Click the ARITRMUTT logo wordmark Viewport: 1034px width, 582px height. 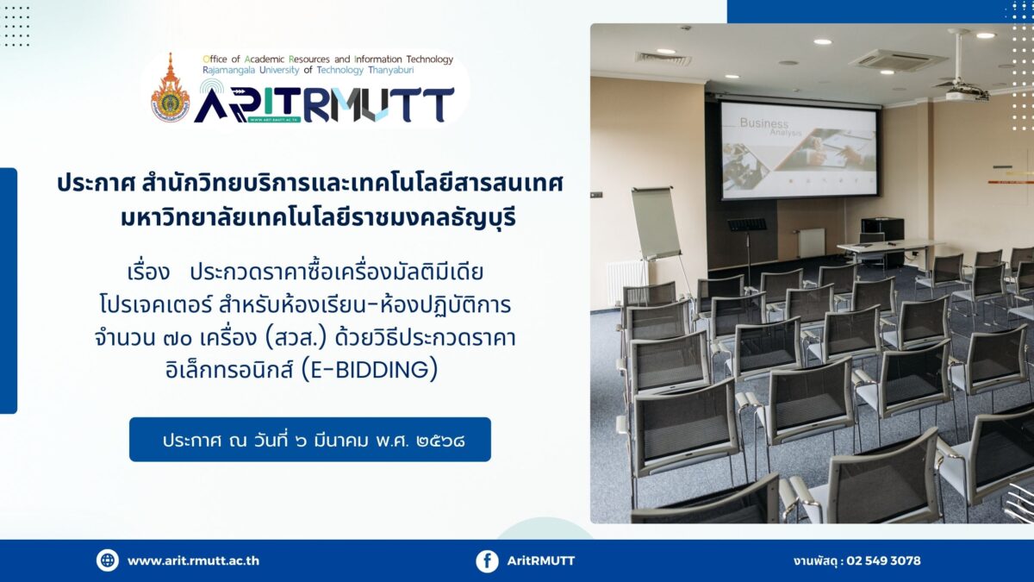point(324,105)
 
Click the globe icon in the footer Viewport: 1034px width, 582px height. point(108,560)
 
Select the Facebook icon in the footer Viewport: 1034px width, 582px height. point(488,561)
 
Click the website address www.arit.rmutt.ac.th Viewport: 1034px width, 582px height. point(193,560)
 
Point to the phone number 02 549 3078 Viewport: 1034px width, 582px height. point(883,560)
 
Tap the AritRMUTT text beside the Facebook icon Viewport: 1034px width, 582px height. point(541,560)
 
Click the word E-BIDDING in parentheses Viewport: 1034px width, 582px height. point(370,370)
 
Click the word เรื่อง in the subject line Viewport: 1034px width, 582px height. point(148,272)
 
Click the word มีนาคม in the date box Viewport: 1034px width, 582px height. point(340,441)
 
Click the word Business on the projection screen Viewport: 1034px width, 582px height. point(764,122)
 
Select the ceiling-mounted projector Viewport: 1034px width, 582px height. point(965,92)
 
